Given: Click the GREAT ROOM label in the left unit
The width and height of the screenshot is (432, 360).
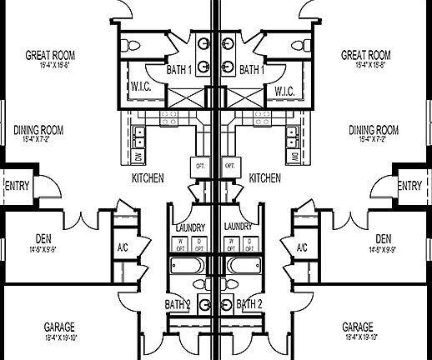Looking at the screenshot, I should pyautogui.click(x=51, y=56).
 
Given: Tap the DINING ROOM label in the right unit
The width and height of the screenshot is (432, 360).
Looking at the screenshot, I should pyautogui.click(x=373, y=130).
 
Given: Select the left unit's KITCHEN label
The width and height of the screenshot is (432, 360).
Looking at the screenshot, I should pyautogui.click(x=147, y=178).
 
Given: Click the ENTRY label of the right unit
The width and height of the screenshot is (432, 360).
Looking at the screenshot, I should pyautogui.click(x=409, y=186).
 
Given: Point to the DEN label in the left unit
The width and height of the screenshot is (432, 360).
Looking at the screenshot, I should pyautogui.click(x=45, y=238).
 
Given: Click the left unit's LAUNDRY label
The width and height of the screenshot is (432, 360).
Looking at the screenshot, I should pyautogui.click(x=191, y=227).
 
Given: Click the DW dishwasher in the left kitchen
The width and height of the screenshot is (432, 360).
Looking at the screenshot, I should pyautogui.click(x=138, y=156).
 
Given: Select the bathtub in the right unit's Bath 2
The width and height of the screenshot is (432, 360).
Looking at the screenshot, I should pyautogui.click(x=244, y=266).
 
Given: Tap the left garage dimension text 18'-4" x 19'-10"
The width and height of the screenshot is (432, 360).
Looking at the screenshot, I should pyautogui.click(x=71, y=337).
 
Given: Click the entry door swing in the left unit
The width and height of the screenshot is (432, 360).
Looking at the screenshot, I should pyautogui.click(x=49, y=184).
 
